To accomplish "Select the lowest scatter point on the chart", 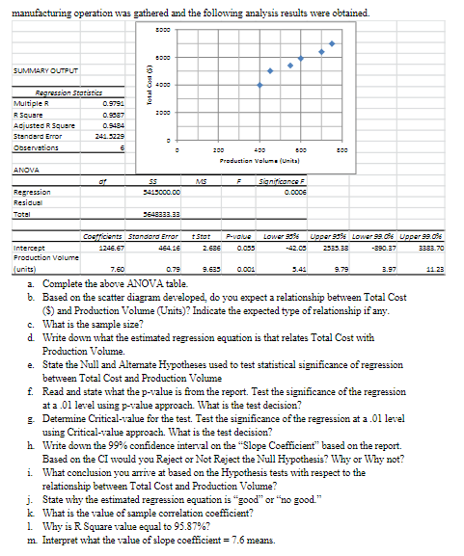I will tap(260, 84).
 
